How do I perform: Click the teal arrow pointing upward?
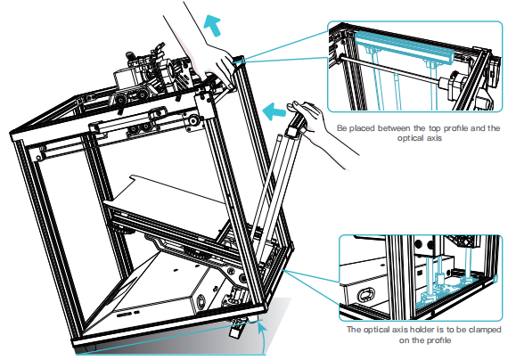click(x=212, y=27)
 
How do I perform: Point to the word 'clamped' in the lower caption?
click(x=485, y=330)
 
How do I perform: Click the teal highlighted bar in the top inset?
click(x=405, y=46)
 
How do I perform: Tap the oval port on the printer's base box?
click(x=201, y=301)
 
